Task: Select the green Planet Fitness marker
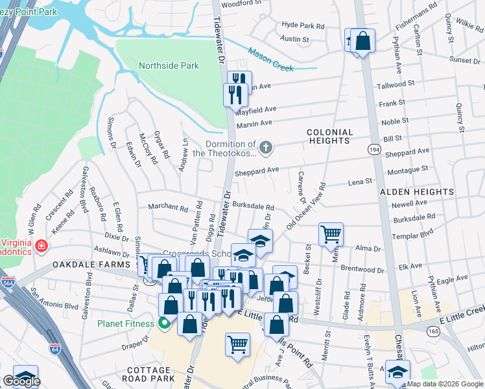165,323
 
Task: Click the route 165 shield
432,331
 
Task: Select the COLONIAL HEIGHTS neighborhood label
330,137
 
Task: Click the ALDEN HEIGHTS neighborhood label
416,192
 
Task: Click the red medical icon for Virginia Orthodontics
41,246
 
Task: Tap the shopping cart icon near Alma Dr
331,233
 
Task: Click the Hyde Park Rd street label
303,25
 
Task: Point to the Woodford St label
241,3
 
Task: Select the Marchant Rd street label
167,207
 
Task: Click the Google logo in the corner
21,381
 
